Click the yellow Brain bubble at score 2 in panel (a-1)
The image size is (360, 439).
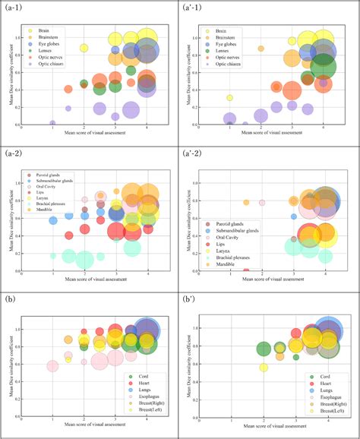tap(84, 48)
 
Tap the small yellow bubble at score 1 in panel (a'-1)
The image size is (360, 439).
tap(229, 98)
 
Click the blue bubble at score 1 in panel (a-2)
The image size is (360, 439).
tap(53, 220)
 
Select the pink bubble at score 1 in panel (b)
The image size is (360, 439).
tap(52, 367)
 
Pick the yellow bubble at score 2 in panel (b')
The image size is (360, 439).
tap(264, 368)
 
